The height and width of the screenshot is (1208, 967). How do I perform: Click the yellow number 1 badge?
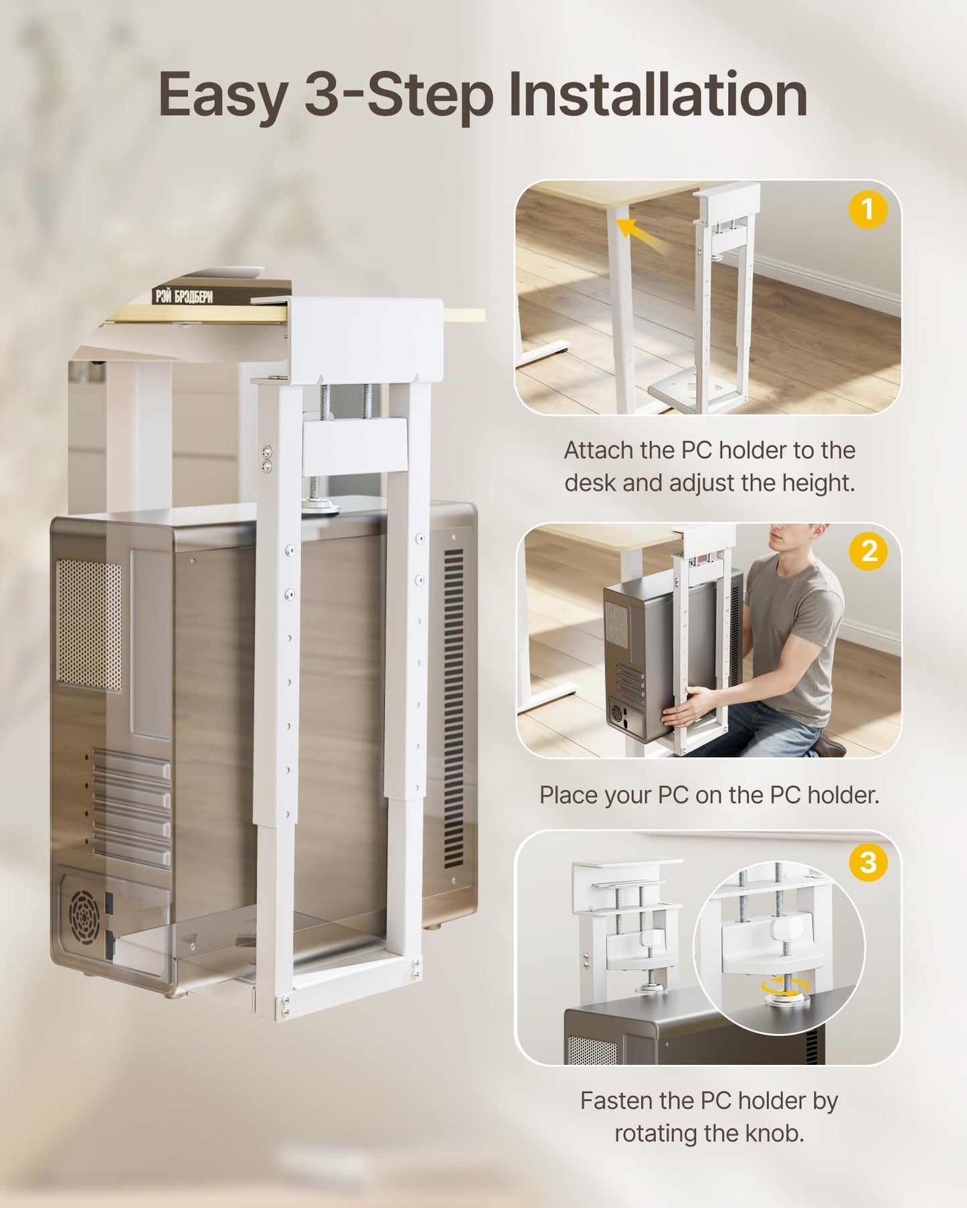(868, 210)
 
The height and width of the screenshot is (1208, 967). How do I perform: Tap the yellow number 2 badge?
(868, 551)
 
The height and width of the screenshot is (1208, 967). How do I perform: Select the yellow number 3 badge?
(868, 862)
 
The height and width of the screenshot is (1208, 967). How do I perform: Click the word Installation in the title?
(657, 96)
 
